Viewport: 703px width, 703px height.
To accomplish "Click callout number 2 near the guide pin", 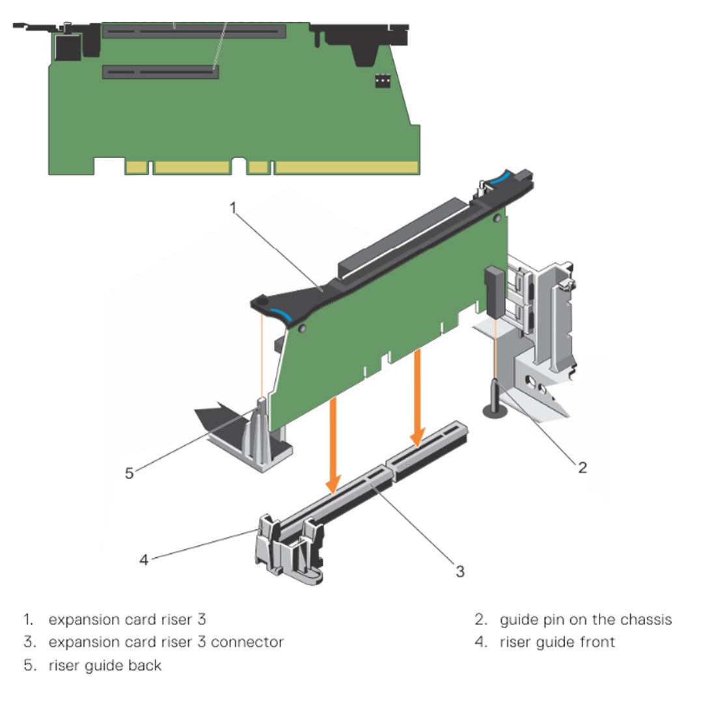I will coord(583,467).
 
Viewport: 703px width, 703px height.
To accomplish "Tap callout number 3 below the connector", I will coord(460,571).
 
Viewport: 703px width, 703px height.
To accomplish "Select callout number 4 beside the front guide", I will coord(144,559).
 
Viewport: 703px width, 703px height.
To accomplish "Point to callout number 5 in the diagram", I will coord(130,473).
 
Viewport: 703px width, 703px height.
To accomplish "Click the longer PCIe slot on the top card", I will coord(193,31).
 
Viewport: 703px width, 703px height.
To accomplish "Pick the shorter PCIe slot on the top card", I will coord(160,71).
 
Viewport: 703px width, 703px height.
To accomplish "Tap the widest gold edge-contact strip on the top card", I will coord(346,167).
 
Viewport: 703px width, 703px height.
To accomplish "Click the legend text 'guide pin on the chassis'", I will coord(585,619).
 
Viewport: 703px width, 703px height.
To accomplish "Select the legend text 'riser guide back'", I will coord(105,665).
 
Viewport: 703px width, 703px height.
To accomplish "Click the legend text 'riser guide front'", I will coord(557,642).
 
